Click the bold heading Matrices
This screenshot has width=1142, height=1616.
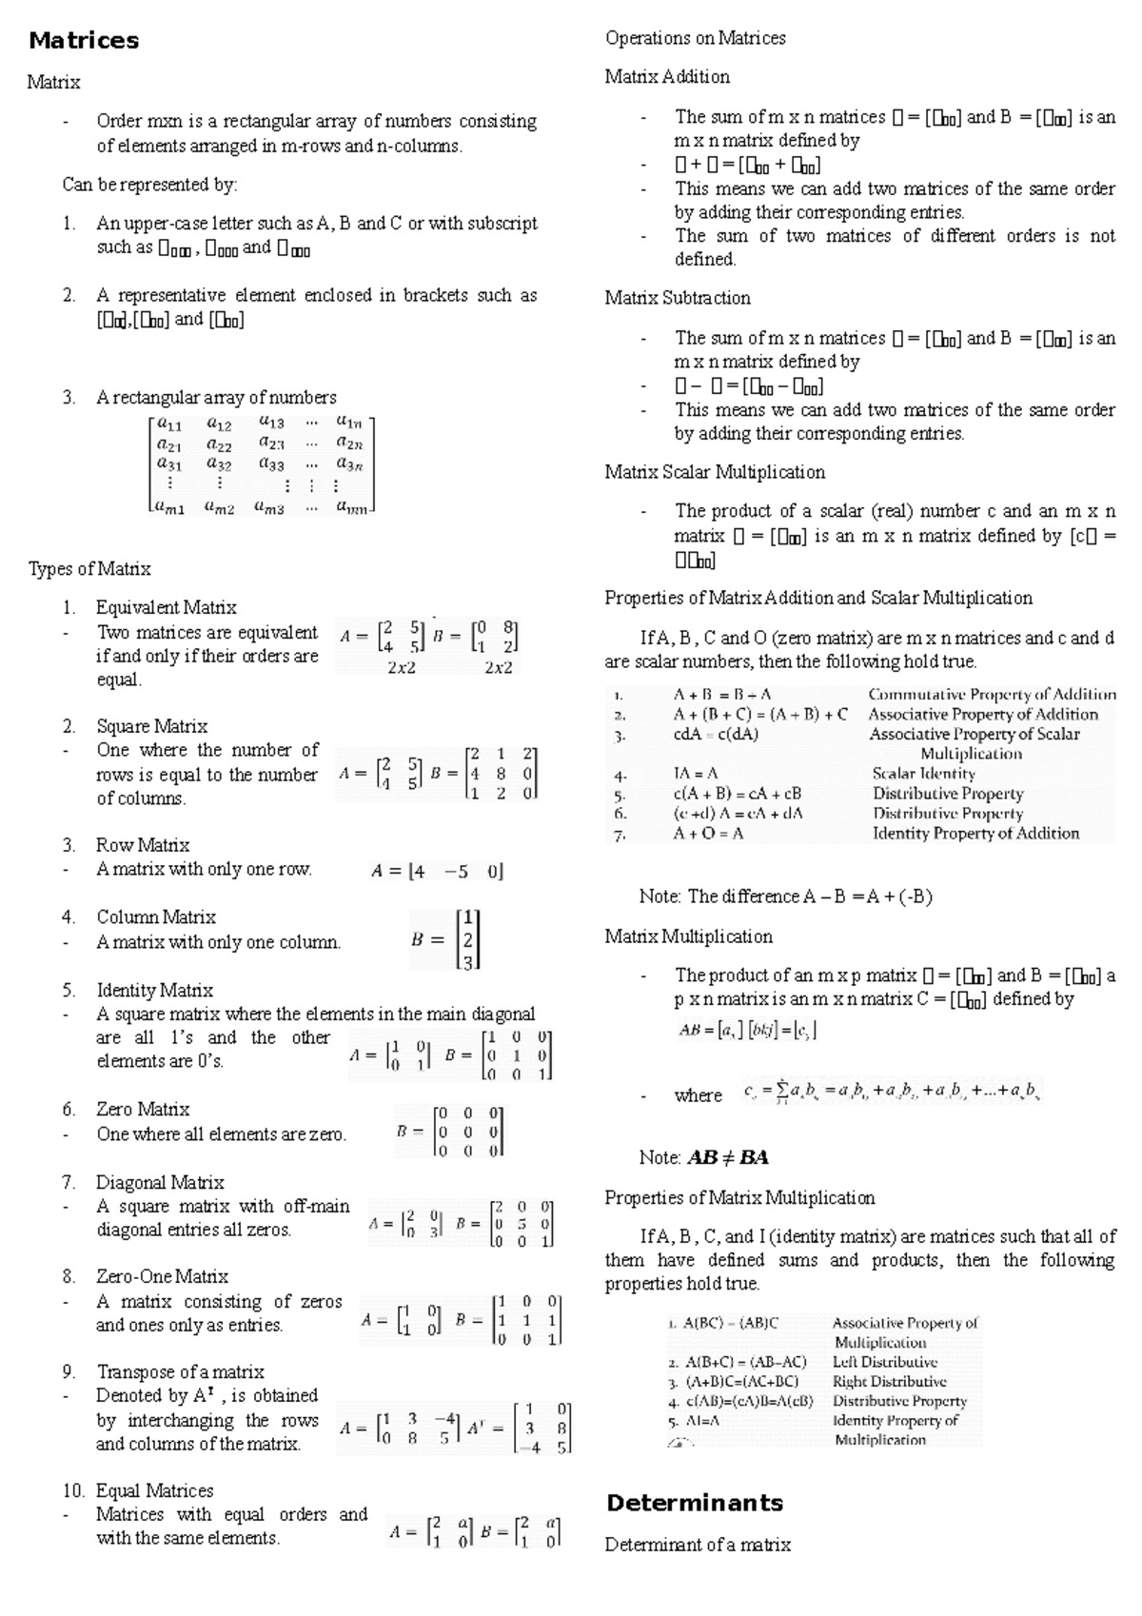pyautogui.click(x=84, y=40)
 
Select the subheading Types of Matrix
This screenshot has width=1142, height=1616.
pyautogui.click(x=89, y=569)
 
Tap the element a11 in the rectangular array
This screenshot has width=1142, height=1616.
pyautogui.click(x=169, y=424)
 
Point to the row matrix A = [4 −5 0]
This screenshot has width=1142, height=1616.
pyautogui.click(x=437, y=871)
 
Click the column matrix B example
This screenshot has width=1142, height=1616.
pyautogui.click(x=446, y=939)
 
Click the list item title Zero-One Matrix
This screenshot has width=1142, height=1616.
pyautogui.click(x=162, y=1276)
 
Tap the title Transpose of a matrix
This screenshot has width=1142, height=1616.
pyautogui.click(x=180, y=1371)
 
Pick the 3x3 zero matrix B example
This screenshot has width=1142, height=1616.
pyautogui.click(x=450, y=1132)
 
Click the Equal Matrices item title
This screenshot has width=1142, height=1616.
pyautogui.click(x=154, y=1490)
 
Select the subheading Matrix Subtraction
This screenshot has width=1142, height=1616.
pyautogui.click(x=678, y=298)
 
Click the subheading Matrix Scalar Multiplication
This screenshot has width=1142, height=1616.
pyautogui.click(x=715, y=472)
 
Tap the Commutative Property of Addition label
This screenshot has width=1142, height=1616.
pyautogui.click(x=992, y=695)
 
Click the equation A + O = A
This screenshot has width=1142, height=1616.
pyautogui.click(x=708, y=833)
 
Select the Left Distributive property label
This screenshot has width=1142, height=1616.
pyautogui.click(x=884, y=1362)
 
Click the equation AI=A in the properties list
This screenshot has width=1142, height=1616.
pyautogui.click(x=701, y=1421)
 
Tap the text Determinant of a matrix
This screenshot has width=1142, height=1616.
pyautogui.click(x=698, y=1545)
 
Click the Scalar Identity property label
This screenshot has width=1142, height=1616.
pyautogui.click(x=923, y=774)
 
